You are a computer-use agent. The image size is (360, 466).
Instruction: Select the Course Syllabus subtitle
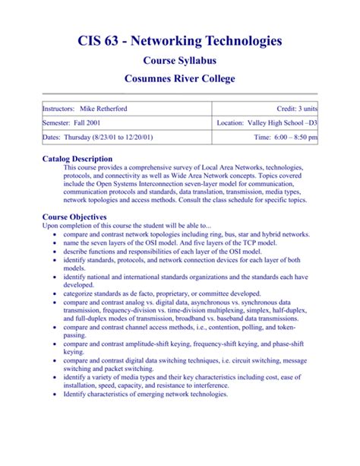[x=180, y=60]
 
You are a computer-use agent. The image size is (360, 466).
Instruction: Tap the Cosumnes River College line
[x=180, y=80]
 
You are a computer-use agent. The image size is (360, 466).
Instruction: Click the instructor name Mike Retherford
[x=101, y=109]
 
